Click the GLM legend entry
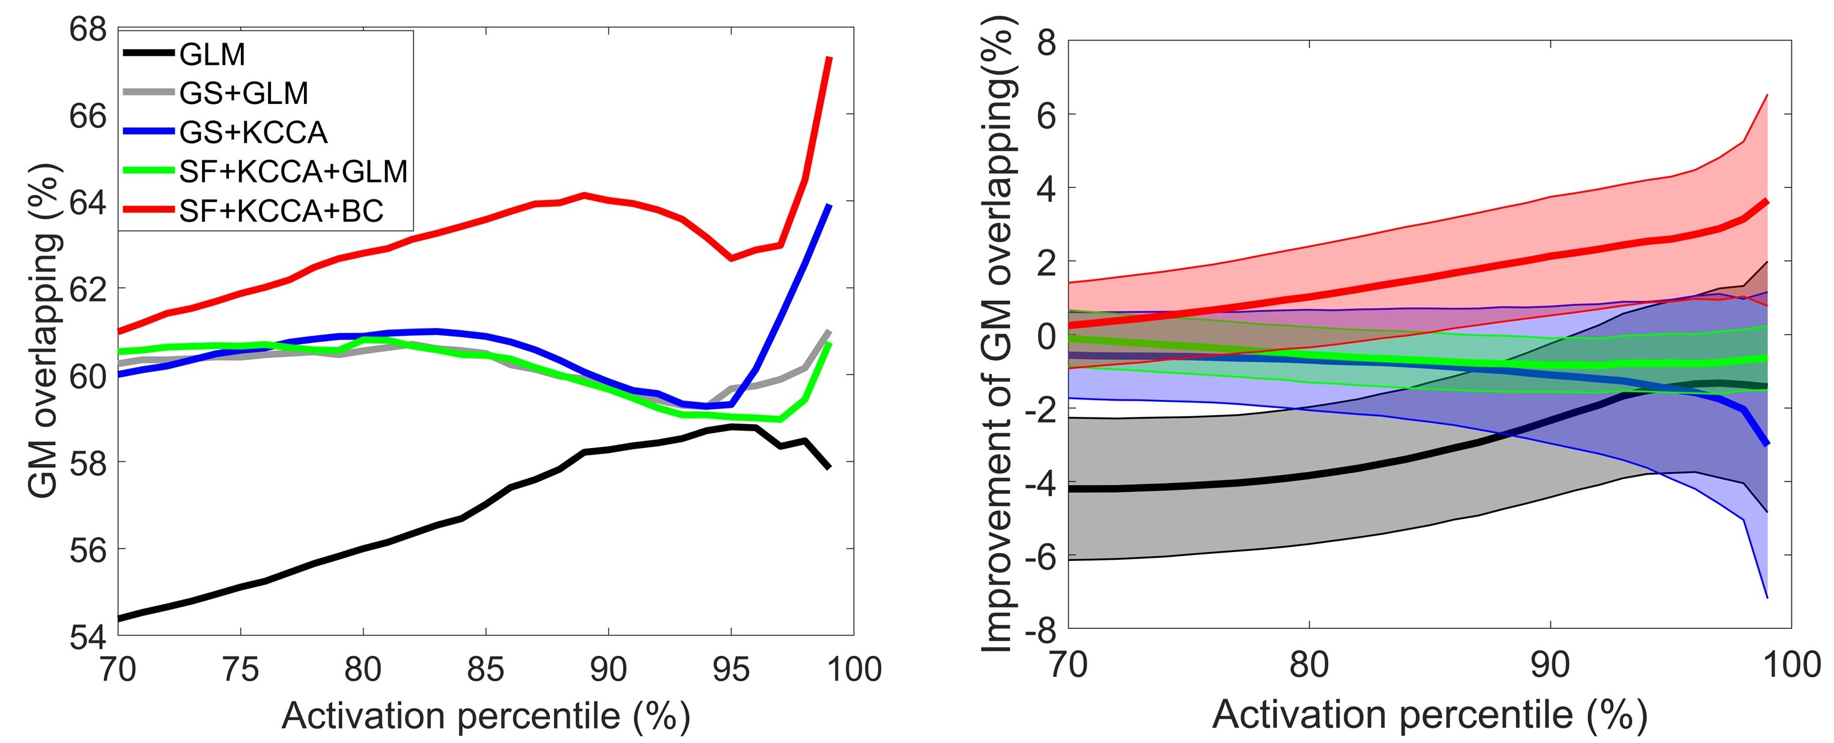(212, 55)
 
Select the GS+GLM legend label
(243, 93)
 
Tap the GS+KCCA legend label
(253, 132)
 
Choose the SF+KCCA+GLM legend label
(293, 172)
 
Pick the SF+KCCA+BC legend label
(281, 211)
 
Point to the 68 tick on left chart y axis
(88, 30)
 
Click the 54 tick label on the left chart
(88, 637)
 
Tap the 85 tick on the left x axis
(485, 669)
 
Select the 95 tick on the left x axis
(731, 669)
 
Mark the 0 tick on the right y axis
(1046, 336)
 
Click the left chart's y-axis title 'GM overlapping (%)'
(44, 331)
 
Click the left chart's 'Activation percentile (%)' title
(485, 716)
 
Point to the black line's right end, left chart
(829, 467)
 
